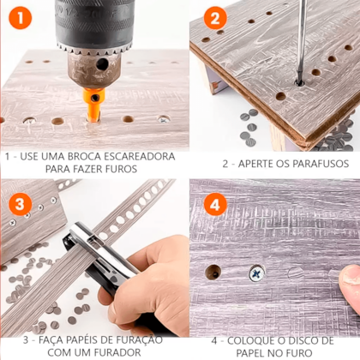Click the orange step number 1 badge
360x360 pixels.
[x=20, y=18]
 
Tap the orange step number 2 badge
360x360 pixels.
[x=215, y=18]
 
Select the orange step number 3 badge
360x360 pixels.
[x=20, y=204]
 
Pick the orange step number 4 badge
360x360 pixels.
[x=215, y=204]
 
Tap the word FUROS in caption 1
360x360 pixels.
[x=122, y=169]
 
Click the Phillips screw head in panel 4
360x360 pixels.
[x=257, y=273]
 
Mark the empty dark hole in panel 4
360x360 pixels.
[x=213, y=272]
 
